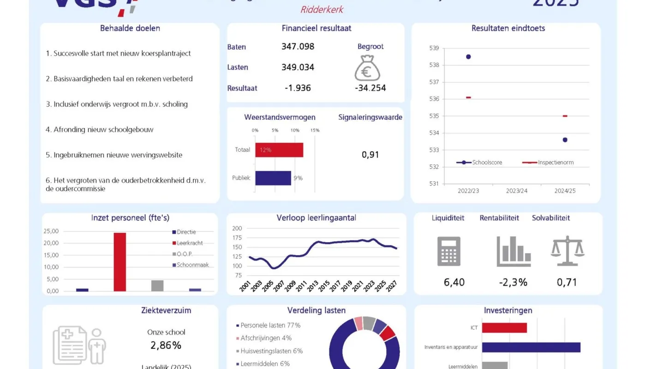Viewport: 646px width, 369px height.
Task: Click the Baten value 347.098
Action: point(298,47)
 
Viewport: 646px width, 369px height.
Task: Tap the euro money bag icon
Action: point(367,68)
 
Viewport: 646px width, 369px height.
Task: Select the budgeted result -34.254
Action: point(371,88)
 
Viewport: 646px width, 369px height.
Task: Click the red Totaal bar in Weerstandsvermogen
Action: point(279,150)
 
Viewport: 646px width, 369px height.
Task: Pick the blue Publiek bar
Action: point(273,178)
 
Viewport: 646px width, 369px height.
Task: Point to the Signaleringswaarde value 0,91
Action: point(370,155)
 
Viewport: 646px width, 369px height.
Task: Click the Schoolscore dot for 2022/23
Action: point(468,57)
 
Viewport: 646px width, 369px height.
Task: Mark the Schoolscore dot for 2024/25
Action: point(565,140)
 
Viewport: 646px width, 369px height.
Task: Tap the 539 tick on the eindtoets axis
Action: point(434,48)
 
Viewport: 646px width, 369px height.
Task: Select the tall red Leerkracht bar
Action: point(120,262)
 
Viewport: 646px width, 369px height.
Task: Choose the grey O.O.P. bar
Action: point(157,286)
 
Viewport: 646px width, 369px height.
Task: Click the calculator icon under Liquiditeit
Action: point(449,251)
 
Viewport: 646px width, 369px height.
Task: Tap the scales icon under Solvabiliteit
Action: point(567,251)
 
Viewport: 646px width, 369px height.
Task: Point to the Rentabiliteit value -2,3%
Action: point(513,282)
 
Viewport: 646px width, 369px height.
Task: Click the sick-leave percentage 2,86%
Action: point(166,345)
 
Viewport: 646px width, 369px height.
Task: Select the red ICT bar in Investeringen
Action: point(504,327)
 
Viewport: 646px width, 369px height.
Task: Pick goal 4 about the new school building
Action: point(99,130)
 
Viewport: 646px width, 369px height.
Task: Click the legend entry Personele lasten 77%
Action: point(270,325)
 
